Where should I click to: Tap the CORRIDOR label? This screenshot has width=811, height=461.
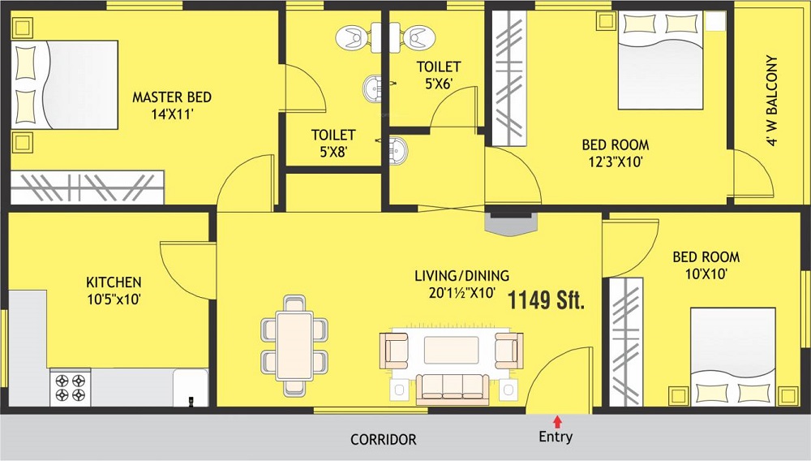(384, 440)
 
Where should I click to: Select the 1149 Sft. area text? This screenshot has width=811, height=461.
(546, 299)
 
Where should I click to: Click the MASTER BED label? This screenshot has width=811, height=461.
(172, 97)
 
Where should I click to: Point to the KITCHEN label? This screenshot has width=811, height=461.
(114, 282)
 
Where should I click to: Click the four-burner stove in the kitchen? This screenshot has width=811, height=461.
(71, 387)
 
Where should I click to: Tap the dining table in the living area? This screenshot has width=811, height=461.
(294, 346)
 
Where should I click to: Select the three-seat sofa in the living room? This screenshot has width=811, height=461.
(452, 388)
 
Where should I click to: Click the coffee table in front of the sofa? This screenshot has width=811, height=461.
(452, 351)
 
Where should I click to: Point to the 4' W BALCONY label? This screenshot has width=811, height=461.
(772, 101)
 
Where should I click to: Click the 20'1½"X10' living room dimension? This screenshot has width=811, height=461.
(462, 293)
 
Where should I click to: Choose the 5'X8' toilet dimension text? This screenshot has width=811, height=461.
(333, 152)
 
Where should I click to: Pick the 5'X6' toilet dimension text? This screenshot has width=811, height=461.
(439, 84)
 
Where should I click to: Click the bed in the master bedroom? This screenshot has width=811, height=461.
(64, 85)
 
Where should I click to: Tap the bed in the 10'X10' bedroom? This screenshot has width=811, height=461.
(733, 357)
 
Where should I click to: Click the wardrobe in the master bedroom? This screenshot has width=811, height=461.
(88, 187)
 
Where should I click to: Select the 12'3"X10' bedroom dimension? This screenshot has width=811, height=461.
(616, 162)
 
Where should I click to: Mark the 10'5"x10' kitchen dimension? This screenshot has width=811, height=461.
(114, 299)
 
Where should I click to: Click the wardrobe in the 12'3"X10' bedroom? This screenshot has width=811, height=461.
(509, 78)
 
